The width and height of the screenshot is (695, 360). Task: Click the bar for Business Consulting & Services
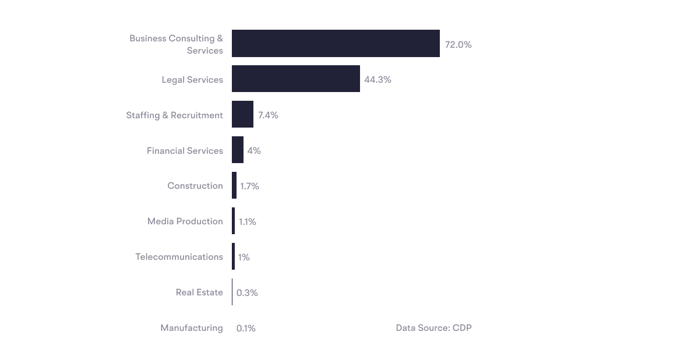point(336,44)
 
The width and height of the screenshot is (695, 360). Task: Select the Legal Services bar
point(295,79)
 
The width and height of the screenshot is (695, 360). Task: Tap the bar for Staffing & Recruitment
point(242,114)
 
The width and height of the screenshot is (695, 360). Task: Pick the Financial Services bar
point(238,150)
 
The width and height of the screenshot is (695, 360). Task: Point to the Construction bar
point(234,185)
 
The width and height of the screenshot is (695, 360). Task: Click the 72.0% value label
point(458,44)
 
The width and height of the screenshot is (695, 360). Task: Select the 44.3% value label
point(378,80)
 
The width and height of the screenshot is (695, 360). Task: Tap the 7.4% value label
point(268,115)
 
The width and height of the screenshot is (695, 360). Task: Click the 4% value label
point(254,151)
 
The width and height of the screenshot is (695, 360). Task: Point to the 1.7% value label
point(249,186)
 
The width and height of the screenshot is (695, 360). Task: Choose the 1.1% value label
point(248,222)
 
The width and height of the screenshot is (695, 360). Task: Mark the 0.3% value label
point(247,292)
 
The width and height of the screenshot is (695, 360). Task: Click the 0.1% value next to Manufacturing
point(246,329)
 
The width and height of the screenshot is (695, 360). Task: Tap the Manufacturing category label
point(192,328)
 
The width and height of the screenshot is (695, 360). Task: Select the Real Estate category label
point(199,292)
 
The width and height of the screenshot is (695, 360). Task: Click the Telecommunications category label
point(179,257)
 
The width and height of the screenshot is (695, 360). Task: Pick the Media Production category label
point(185,221)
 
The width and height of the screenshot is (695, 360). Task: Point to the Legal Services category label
point(192,80)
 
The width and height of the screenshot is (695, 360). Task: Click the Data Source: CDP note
point(433,328)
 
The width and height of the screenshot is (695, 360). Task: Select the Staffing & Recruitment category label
point(175,115)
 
